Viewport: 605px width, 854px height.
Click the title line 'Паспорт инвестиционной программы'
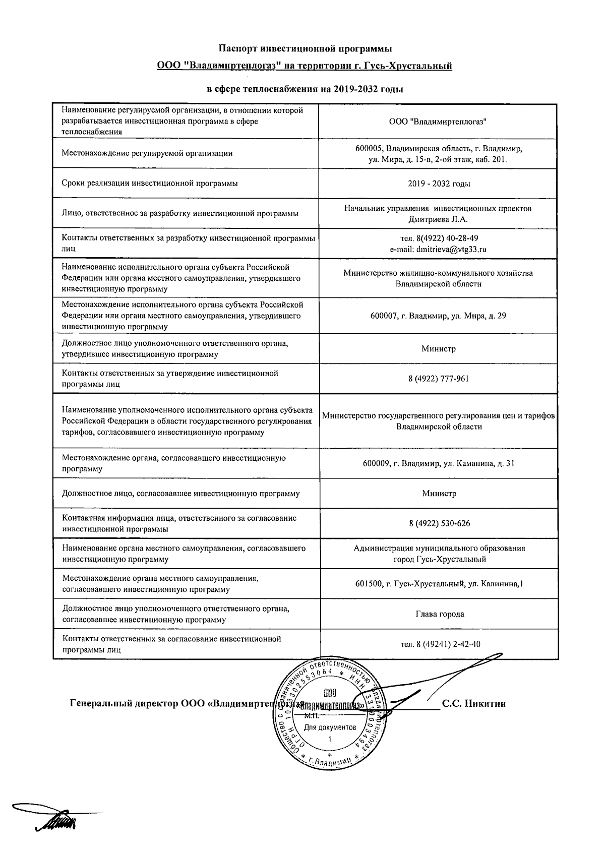click(x=305, y=48)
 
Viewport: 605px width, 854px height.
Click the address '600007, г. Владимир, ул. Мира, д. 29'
click(x=438, y=316)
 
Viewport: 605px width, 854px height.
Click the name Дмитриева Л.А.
click(x=438, y=219)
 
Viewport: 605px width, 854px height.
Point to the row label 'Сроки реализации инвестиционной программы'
click(x=150, y=184)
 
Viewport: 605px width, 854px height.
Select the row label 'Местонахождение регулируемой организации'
click(x=147, y=154)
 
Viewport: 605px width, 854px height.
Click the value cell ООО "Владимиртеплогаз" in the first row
click(x=438, y=121)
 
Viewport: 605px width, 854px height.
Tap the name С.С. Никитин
click(x=473, y=704)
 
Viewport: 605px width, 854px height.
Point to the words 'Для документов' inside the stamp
click(x=330, y=727)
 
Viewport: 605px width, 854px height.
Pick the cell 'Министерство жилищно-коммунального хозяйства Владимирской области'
click(x=438, y=278)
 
